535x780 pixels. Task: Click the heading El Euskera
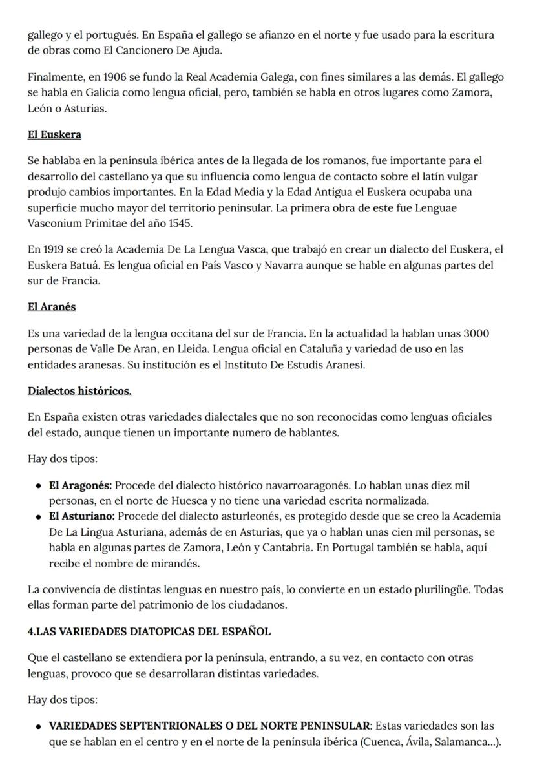point(54,134)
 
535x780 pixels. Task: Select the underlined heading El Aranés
point(52,307)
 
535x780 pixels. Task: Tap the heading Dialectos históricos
point(79,391)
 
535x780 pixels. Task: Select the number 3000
point(476,333)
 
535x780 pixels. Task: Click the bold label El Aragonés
point(81,485)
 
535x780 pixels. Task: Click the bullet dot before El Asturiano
point(39,517)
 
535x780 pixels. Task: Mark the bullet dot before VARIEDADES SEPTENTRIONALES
point(39,727)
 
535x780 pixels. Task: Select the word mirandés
point(178,563)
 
